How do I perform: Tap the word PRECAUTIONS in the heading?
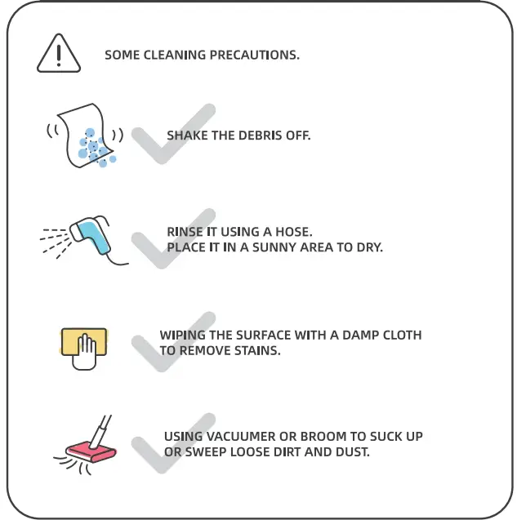[x=255, y=55]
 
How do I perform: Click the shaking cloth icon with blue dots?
[x=85, y=136]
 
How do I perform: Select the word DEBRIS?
[x=256, y=136]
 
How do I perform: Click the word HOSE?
[x=294, y=232]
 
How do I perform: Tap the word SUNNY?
[x=274, y=247]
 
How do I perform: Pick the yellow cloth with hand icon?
[x=84, y=349]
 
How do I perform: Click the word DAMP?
[x=360, y=335]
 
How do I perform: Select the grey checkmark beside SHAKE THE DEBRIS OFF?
[x=173, y=134]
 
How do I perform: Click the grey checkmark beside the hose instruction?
[x=173, y=238]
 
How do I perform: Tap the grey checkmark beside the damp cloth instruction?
[x=173, y=342]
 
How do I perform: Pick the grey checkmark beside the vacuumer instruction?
[x=173, y=443]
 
